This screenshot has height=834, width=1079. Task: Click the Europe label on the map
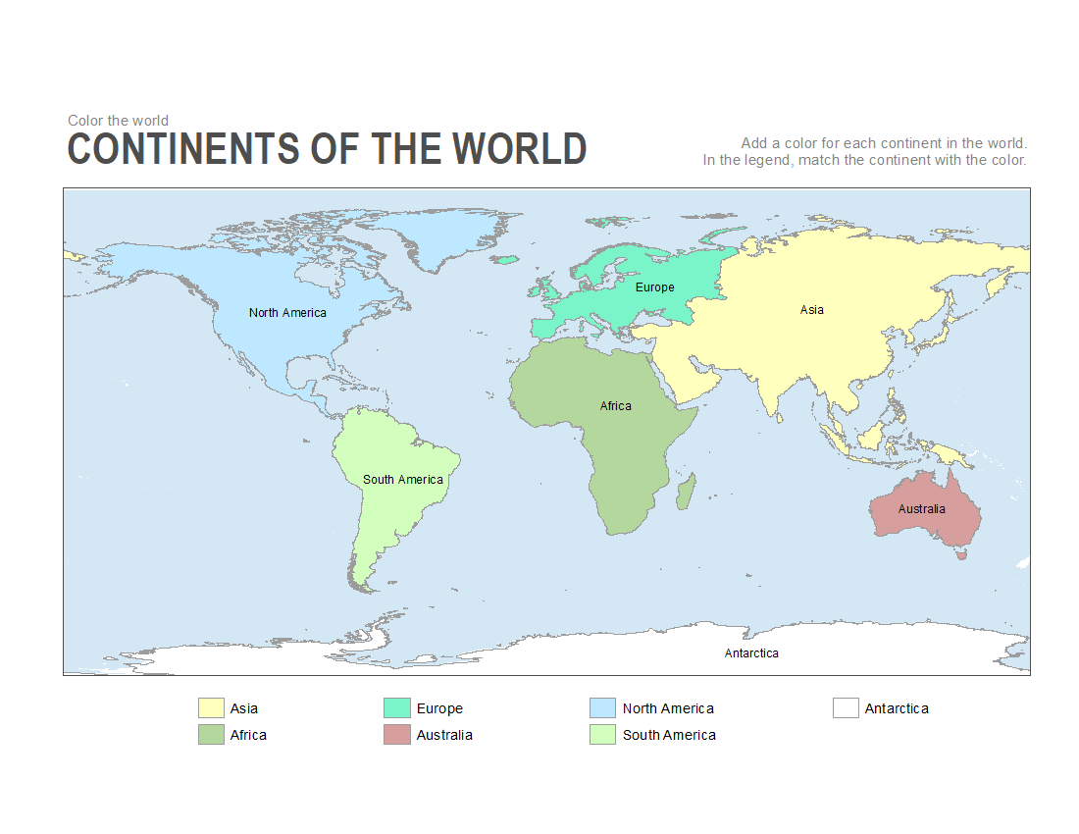click(654, 287)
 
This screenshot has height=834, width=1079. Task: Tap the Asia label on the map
click(811, 310)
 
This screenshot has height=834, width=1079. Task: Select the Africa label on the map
click(616, 406)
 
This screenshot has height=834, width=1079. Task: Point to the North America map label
click(287, 313)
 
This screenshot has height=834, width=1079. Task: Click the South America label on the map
click(403, 480)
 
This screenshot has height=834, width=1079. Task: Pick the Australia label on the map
click(921, 509)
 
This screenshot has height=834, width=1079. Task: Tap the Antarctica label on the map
click(751, 653)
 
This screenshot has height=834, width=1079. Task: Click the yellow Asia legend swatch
click(211, 708)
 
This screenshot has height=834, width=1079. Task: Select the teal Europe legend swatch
click(396, 708)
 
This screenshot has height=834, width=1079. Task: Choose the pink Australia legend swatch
click(396, 735)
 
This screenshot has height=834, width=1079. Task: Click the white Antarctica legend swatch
click(846, 708)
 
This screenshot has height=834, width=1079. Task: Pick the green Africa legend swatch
click(211, 735)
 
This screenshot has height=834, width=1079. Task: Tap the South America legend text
click(669, 735)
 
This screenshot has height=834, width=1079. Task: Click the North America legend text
click(668, 708)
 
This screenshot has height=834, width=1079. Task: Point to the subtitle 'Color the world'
click(118, 121)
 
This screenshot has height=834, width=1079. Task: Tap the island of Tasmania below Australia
click(962, 554)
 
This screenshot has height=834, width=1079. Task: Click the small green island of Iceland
click(507, 260)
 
